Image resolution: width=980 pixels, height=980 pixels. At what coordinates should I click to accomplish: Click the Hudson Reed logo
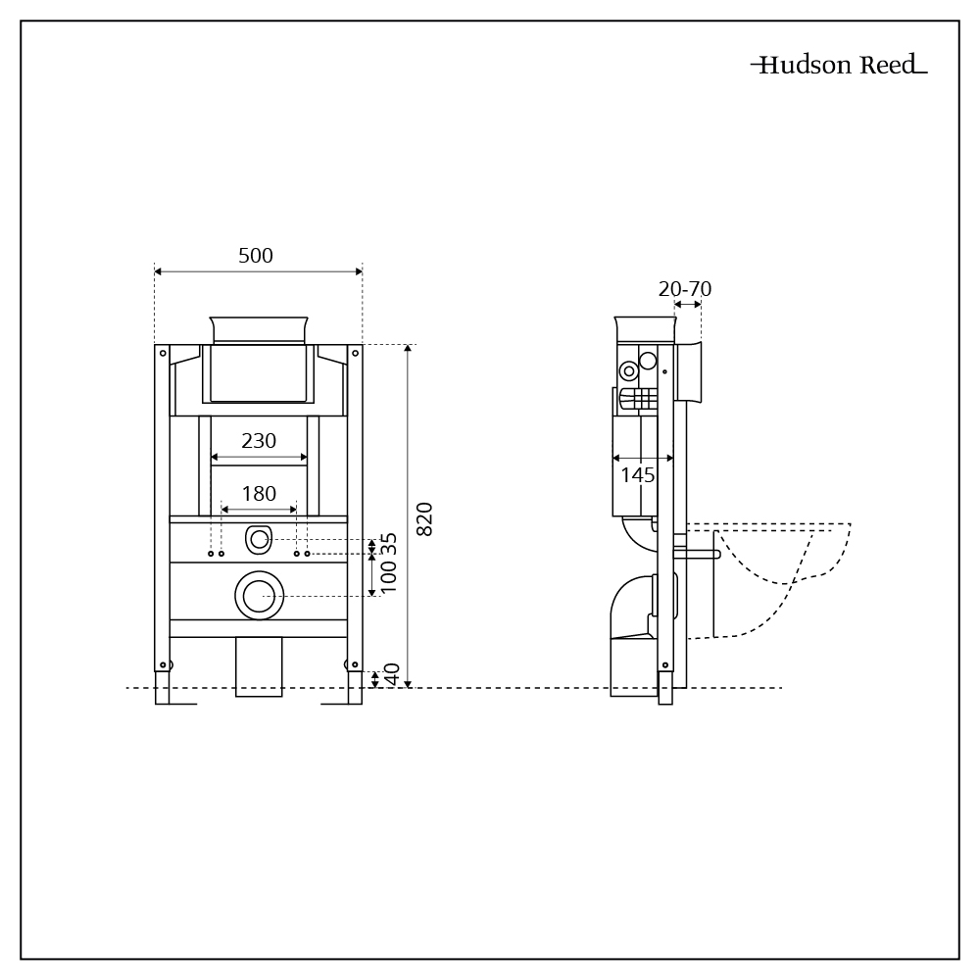click(x=839, y=66)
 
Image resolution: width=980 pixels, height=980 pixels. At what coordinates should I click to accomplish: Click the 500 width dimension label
click(x=256, y=256)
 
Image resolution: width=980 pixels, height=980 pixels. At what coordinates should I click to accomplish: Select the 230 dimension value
click(x=259, y=441)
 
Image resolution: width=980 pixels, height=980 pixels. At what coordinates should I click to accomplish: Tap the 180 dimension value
click(x=259, y=494)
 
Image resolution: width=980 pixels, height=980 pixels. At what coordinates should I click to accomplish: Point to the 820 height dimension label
click(x=425, y=518)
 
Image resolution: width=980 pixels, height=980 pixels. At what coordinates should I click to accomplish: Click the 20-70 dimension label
click(x=685, y=289)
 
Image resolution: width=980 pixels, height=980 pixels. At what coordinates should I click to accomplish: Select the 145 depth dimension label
click(x=638, y=475)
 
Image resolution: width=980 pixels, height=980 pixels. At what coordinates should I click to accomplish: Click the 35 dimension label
click(x=390, y=544)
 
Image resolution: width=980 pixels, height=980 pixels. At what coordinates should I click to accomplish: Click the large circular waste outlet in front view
click(x=259, y=596)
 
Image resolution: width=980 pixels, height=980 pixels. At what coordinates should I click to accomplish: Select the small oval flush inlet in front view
click(x=259, y=538)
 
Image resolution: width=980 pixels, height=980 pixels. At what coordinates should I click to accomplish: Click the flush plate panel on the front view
click(x=259, y=372)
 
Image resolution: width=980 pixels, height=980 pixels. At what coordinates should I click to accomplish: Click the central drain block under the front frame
click(x=259, y=666)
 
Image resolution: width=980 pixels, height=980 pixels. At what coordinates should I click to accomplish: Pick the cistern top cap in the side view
click(x=645, y=329)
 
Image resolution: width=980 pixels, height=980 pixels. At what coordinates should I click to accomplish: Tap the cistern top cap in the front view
click(x=260, y=329)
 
